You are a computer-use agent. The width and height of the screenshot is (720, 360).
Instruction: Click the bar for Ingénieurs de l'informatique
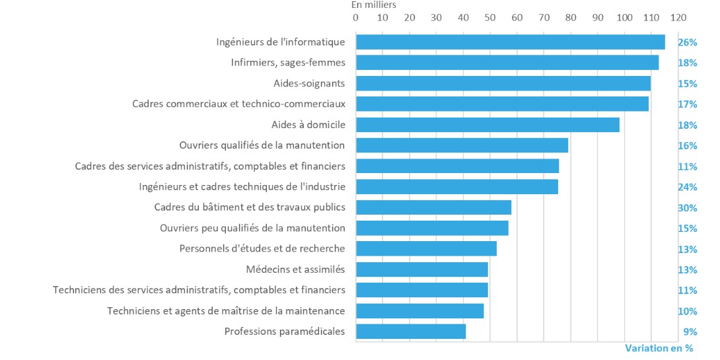[510, 42]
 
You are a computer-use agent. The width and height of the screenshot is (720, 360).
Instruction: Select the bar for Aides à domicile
[487, 125]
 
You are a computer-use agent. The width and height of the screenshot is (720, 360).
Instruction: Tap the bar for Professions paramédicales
[411, 332]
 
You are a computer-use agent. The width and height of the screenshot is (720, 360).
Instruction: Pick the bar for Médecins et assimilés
[421, 270]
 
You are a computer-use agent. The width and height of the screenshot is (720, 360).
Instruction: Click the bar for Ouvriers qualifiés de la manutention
[462, 145]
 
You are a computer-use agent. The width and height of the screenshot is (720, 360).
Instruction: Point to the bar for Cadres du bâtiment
[433, 207]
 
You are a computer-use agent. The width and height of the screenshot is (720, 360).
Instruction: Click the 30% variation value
[687, 208]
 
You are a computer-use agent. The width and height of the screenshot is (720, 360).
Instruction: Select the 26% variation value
[687, 42]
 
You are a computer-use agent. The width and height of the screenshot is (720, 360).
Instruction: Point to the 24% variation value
[687, 187]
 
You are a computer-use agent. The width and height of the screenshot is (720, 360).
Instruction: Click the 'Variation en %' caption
[658, 348]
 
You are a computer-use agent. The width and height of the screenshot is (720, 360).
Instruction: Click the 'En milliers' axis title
[375, 5]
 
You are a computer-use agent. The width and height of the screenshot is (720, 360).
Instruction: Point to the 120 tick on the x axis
[678, 18]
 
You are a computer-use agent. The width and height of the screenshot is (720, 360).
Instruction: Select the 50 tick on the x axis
[490, 18]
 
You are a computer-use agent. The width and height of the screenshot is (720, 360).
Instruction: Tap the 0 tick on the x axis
[356, 18]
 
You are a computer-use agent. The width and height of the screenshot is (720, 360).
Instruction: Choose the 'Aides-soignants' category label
[309, 84]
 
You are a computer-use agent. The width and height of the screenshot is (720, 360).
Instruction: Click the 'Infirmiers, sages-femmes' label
[288, 63]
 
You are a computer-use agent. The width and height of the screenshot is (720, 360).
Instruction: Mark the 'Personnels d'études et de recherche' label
[262, 249]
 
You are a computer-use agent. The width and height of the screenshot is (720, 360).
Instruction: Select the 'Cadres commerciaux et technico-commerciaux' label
[238, 104]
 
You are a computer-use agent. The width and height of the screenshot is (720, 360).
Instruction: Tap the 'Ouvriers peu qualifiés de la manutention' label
[252, 229]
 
